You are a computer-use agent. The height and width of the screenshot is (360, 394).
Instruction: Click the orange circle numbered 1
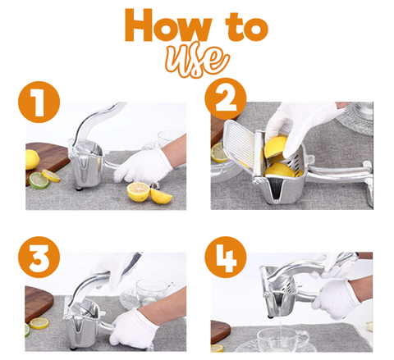tap(39, 102)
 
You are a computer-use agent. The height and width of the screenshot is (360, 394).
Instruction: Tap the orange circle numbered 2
tap(226, 98)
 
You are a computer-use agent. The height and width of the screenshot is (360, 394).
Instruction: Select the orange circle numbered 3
tap(39, 257)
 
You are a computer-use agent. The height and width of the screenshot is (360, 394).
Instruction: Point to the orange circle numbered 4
tap(226, 257)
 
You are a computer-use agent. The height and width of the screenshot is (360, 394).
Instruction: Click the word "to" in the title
tap(246, 27)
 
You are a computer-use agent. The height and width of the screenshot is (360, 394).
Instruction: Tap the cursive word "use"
tap(197, 62)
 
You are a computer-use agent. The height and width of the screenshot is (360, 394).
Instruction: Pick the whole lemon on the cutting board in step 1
tap(32, 160)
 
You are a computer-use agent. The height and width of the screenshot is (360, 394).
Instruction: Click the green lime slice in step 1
tap(39, 180)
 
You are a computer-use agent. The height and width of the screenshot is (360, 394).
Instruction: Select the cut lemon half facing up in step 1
tap(139, 192)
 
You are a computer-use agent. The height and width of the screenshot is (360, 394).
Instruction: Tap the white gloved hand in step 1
tap(142, 166)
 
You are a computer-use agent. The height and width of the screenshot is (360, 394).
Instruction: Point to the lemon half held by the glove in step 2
tap(276, 148)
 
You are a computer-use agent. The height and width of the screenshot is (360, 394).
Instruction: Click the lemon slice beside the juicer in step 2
tap(219, 153)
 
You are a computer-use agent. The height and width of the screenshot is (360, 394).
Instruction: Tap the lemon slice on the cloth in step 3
tap(39, 323)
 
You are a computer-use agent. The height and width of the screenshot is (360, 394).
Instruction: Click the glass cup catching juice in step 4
tap(282, 340)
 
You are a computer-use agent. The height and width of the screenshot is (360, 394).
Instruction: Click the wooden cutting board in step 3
tap(38, 303)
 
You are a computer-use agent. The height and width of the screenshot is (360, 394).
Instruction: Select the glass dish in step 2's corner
tap(355, 118)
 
